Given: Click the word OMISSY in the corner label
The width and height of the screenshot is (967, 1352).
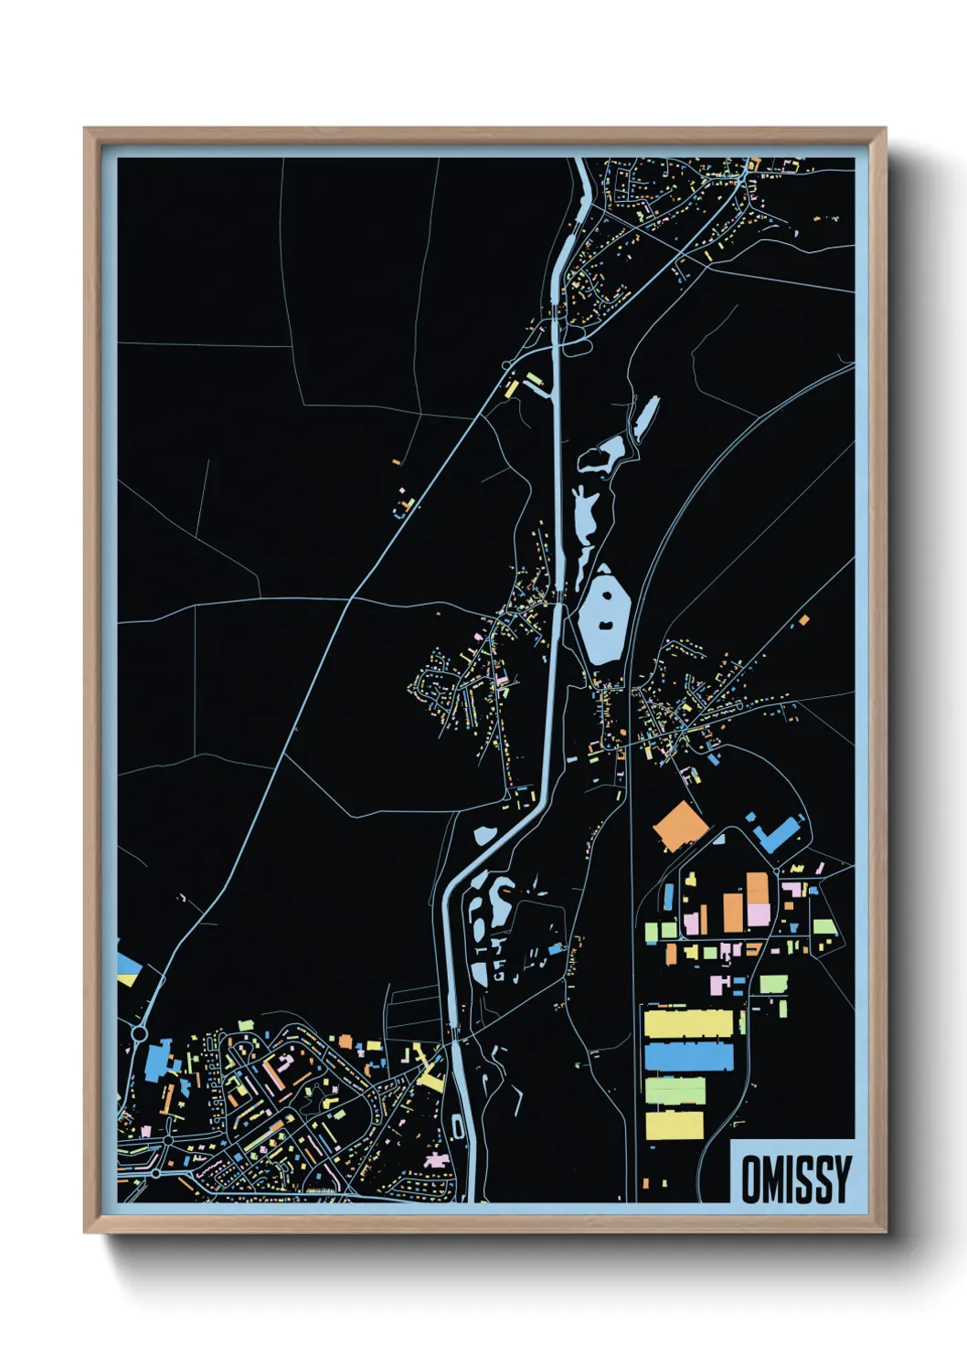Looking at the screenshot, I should pyautogui.click(x=795, y=1178).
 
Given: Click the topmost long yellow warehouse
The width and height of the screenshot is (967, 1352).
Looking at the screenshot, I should pyautogui.click(x=689, y=1023).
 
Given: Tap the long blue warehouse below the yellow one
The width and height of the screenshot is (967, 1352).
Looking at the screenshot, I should pyautogui.click(x=689, y=1057).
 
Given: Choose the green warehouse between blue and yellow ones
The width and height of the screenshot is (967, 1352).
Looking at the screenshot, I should pyautogui.click(x=675, y=1091).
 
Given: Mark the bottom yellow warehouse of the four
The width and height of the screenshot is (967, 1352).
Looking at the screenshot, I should pyautogui.click(x=675, y=1125).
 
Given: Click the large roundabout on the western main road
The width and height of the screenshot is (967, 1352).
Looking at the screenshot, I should pyautogui.click(x=140, y=1033).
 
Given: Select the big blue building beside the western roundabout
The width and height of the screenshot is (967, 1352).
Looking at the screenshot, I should pyautogui.click(x=157, y=1060).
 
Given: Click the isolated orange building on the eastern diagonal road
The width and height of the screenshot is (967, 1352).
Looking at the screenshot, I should pyautogui.click(x=803, y=619).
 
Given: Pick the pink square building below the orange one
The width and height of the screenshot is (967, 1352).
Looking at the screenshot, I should pyautogui.click(x=759, y=914).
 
